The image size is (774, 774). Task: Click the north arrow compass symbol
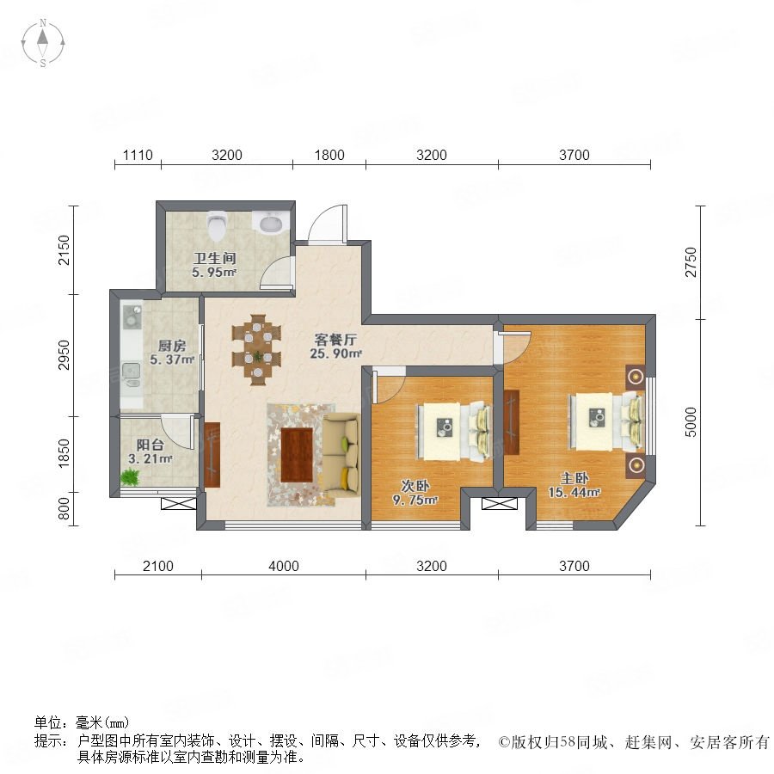(x=43, y=43)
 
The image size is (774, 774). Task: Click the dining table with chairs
(x=256, y=349)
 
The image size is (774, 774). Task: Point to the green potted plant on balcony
(x=130, y=476)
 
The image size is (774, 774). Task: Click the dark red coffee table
(x=297, y=455)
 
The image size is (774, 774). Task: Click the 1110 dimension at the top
(x=138, y=155)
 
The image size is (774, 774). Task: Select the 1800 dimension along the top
(x=329, y=155)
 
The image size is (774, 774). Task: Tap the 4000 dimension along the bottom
(x=283, y=566)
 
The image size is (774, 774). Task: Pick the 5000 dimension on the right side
(x=691, y=422)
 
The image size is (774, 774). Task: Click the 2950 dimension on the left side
(x=64, y=355)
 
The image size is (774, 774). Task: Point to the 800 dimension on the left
(x=64, y=508)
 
